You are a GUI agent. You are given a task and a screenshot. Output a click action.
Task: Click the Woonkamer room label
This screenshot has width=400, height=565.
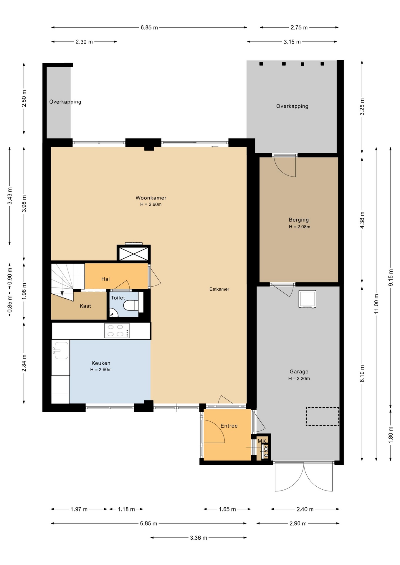coord(151,198)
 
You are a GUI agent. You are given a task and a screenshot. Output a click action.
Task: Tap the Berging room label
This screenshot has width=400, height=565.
coord(299,220)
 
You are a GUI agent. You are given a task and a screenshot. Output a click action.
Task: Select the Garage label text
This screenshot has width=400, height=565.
coord(299,372)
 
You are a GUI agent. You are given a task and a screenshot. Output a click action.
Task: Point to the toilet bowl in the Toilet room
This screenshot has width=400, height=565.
coord(131,305)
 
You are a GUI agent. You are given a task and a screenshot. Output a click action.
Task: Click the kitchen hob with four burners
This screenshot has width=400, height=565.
coord(117,330)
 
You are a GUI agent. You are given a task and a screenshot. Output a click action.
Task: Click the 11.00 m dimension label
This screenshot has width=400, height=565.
coord(376,304)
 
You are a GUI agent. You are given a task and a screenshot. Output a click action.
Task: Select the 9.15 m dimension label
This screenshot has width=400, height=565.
coord(391,277)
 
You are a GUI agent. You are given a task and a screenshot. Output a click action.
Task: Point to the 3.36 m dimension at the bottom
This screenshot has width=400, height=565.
coord(199,538)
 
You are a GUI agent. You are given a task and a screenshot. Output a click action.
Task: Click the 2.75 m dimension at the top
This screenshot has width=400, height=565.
coord(299,28)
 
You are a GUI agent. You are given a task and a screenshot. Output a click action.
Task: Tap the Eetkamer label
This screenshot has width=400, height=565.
coord(219,289)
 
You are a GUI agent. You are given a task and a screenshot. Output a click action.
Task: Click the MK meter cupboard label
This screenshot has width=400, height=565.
coord(262,441)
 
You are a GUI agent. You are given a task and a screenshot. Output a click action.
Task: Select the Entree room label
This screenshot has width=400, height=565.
coord(229,426)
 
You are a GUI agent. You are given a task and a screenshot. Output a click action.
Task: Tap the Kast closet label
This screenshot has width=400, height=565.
coord(85,306)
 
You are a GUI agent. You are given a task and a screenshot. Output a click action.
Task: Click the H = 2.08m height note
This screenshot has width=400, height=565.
coord(300,227)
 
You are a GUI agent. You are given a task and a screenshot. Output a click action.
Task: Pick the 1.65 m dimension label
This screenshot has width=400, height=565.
coord(227,509)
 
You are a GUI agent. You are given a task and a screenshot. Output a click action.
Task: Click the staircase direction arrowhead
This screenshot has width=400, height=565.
coord(62,294)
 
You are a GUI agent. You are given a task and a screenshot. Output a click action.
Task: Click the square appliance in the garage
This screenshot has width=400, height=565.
coord(307,299)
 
